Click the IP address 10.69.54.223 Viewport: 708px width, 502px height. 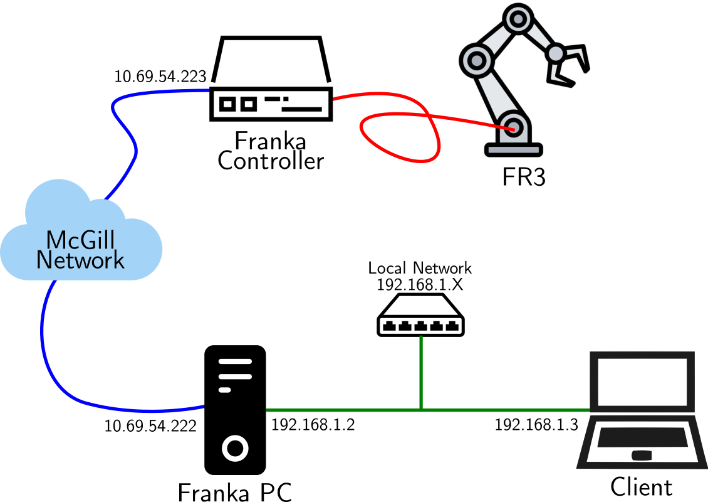point(160,77)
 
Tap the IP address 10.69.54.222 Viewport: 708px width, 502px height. point(150,426)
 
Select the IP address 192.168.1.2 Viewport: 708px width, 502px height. point(313,425)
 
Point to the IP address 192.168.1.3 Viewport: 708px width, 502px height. point(537,425)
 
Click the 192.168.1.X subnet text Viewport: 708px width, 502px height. point(420,284)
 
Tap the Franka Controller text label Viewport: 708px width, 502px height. point(270,151)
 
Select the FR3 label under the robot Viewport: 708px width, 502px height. point(524,178)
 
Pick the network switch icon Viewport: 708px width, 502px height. point(420,320)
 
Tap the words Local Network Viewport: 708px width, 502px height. point(420,268)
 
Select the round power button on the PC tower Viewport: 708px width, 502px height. point(234,448)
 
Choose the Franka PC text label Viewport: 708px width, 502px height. point(235,491)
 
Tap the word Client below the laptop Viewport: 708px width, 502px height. point(641,487)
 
